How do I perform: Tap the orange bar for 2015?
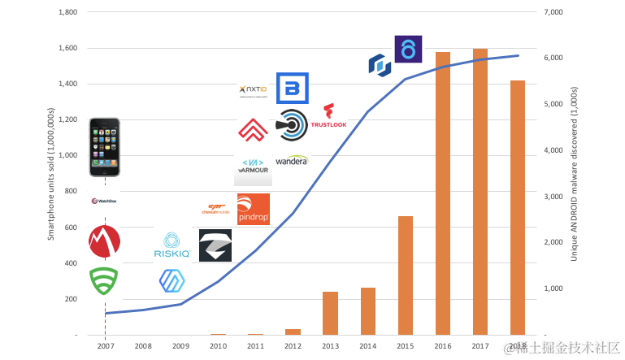click(x=405, y=275)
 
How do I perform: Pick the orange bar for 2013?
click(x=330, y=313)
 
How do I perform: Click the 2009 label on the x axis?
click(x=180, y=345)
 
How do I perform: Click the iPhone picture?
click(x=105, y=147)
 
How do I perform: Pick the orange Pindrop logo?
click(x=253, y=209)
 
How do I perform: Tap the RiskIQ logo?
click(x=171, y=245)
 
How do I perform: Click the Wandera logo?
click(x=292, y=160)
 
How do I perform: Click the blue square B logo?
click(x=291, y=89)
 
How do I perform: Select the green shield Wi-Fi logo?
click(x=104, y=281)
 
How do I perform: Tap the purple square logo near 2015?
click(x=408, y=48)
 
